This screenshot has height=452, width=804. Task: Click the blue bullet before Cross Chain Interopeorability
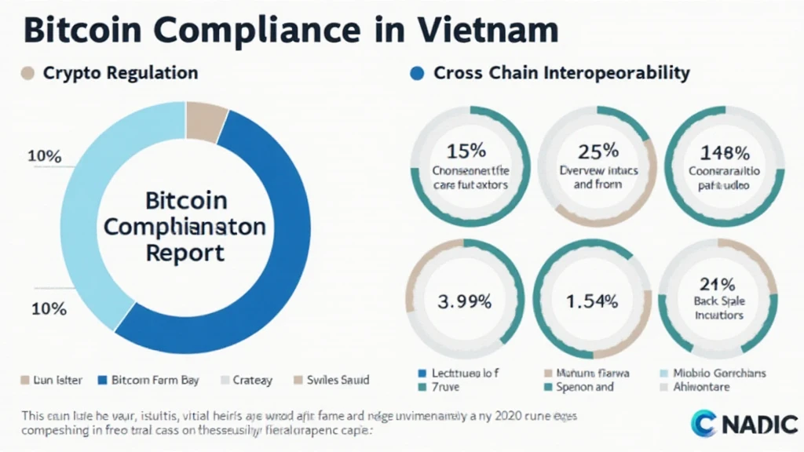click(x=417, y=74)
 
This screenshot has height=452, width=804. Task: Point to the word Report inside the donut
click(x=186, y=253)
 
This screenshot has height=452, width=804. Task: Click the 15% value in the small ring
click(x=470, y=150)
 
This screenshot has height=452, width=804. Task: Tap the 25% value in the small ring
click(x=598, y=150)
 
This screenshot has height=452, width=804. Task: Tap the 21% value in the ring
click(x=717, y=285)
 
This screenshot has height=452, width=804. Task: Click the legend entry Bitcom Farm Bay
click(x=155, y=380)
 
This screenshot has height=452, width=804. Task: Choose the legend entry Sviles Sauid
click(x=338, y=380)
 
